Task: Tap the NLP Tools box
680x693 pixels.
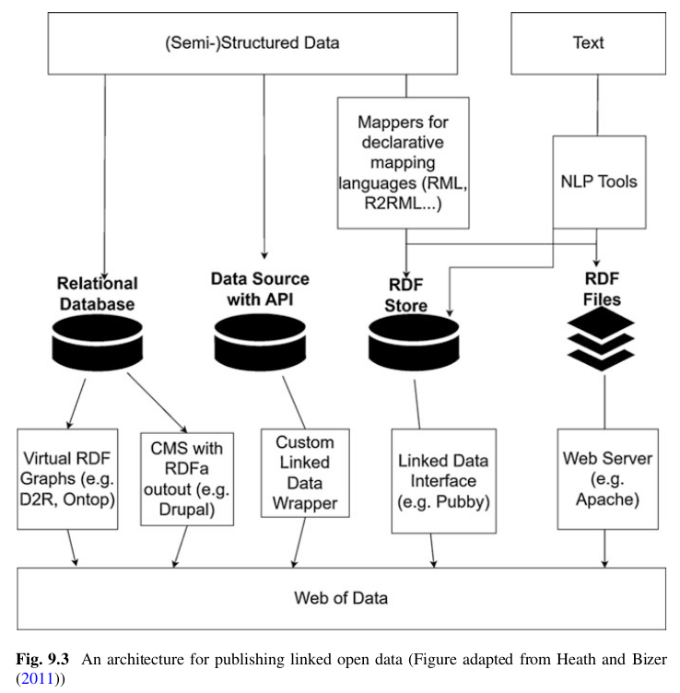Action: [x=598, y=182]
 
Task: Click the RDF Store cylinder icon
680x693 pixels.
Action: [x=413, y=339]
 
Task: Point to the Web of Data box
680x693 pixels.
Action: [x=341, y=597]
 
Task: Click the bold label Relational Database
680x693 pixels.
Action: [x=97, y=292]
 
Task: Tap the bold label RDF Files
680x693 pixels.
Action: [x=602, y=288]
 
